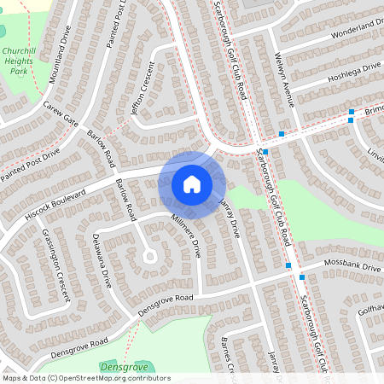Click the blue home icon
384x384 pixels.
[x=192, y=184]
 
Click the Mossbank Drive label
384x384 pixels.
[x=352, y=267]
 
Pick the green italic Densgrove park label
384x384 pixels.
[x=125, y=366]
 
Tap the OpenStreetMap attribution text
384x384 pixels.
[x=85, y=378]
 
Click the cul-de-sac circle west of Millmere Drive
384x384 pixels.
[x=150, y=254]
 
